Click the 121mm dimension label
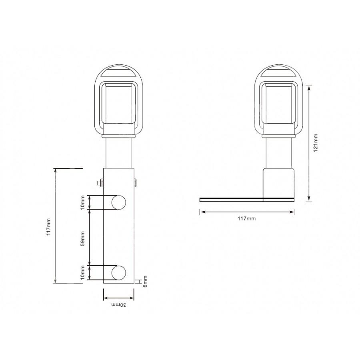pyautogui.click(x=316, y=142)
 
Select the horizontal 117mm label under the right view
pyautogui.click(x=246, y=218)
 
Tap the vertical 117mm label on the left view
pyautogui.click(x=49, y=227)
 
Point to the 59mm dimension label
pyautogui.click(x=83, y=239)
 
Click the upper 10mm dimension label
pyautogui.click(x=83, y=202)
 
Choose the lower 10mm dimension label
pyautogui.click(x=83, y=272)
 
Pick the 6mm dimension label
pyautogui.click(x=145, y=281)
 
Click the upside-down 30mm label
pyautogui.click(x=119, y=305)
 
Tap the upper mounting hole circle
pyautogui.click(x=119, y=202)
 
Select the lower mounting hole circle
pyautogui.click(x=119, y=273)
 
